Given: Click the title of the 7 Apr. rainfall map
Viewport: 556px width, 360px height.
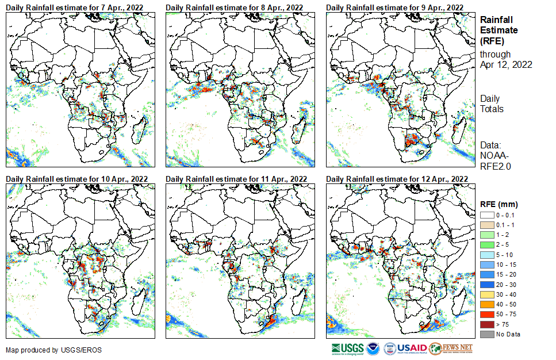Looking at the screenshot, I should (75, 7).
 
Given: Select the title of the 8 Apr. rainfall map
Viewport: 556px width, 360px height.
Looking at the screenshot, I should (235, 7).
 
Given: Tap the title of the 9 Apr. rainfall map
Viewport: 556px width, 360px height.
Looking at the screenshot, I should (394, 7).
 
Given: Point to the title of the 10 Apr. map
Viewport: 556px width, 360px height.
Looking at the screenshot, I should (76, 179).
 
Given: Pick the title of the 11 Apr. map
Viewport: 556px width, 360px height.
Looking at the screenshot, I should (236, 179).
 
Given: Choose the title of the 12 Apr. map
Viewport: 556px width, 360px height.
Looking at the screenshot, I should (396, 179).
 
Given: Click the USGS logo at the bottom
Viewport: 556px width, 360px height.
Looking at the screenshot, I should (347, 348).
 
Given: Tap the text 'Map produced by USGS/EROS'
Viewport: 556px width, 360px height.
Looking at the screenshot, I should (46, 350).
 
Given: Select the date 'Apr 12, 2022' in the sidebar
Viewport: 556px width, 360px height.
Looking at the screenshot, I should (506, 64).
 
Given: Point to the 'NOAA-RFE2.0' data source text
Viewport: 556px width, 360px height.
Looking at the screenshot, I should (495, 160).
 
